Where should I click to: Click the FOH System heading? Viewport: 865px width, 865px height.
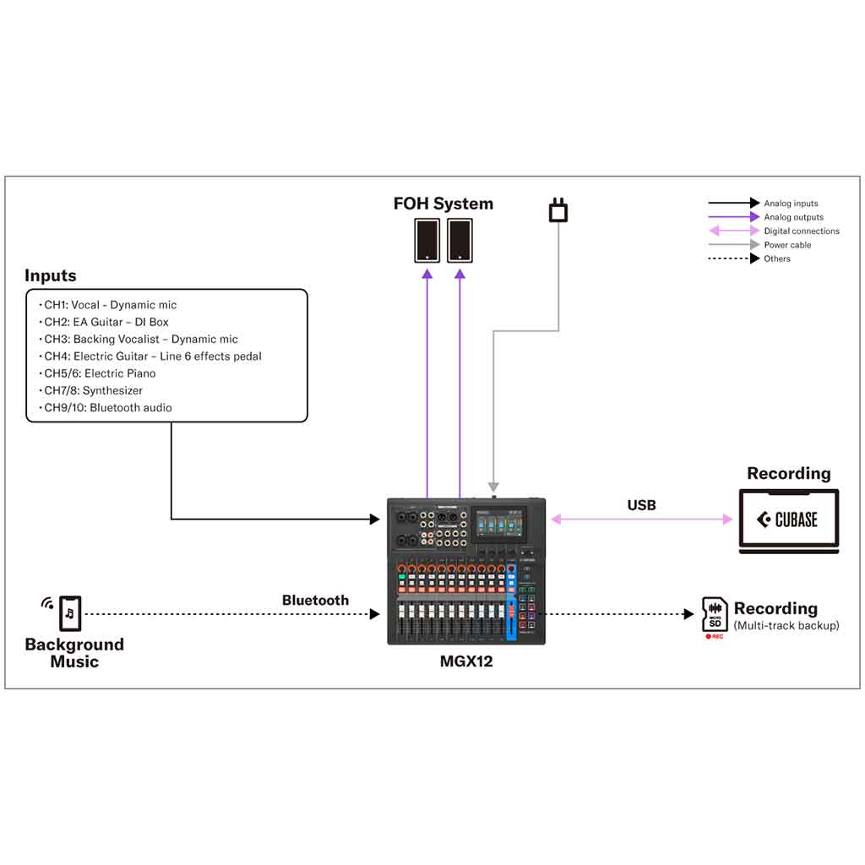443,204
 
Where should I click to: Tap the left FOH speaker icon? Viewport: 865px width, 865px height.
427,241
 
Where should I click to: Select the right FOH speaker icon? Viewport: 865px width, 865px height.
460,241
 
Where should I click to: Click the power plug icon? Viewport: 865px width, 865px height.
558,210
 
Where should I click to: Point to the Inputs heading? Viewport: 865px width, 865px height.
50,275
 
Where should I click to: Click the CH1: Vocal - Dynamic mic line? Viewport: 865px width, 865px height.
110,305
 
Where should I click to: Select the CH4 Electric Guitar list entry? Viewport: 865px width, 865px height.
152,356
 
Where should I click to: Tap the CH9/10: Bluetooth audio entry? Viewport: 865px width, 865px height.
107,408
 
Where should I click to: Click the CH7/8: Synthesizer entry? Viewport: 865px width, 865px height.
93,390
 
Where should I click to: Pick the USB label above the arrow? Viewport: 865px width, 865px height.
641,505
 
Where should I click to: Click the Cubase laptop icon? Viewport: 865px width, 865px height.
789,520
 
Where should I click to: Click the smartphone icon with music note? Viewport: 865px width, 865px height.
70,612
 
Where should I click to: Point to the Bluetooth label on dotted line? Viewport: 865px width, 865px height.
315,601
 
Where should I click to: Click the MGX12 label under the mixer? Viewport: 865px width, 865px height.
465,661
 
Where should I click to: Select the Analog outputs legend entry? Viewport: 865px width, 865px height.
793,217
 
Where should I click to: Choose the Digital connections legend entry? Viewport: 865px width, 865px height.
801,231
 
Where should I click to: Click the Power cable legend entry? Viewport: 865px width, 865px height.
787,245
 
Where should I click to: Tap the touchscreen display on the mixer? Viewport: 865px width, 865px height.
501,524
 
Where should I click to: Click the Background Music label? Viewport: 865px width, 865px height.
74,652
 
